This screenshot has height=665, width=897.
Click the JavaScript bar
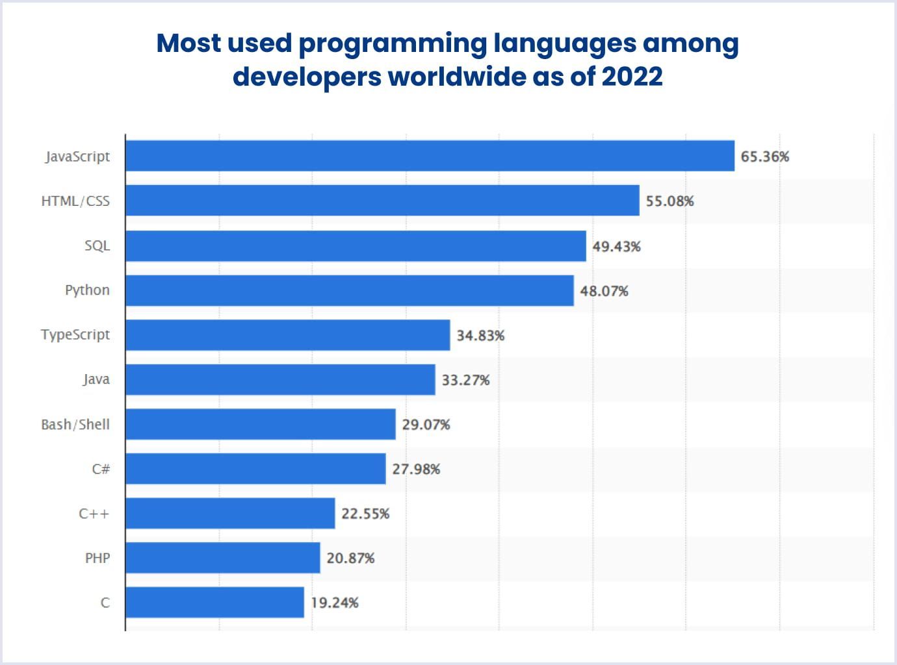pyautogui.click(x=430, y=156)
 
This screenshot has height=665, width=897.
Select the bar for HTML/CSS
pyautogui.click(x=382, y=201)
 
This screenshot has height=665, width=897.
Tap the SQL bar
pyautogui.click(x=356, y=245)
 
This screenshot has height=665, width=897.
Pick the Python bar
pyautogui.click(x=350, y=290)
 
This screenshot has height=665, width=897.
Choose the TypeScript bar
pyautogui.click(x=287, y=335)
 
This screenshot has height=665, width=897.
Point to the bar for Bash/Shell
pyautogui.click(x=260, y=424)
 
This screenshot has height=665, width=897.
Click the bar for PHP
pyautogui.click(x=222, y=558)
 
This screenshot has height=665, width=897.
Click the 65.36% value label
pyautogui.click(x=764, y=157)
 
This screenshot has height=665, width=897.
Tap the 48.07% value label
pyautogui.click(x=604, y=291)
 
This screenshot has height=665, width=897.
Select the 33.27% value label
pyautogui.click(x=465, y=380)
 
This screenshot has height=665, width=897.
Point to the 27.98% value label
pyautogui.click(x=416, y=469)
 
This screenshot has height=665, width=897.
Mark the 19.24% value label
pyautogui.click(x=334, y=603)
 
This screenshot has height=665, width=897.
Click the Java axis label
pyautogui.click(x=96, y=379)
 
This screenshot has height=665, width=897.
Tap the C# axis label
pyautogui.click(x=101, y=469)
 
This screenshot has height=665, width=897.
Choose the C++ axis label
pyautogui.click(x=94, y=514)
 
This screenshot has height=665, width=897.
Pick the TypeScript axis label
pyautogui.click(x=75, y=335)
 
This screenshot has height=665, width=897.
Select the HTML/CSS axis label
pyautogui.click(x=75, y=201)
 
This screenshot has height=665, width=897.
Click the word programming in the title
pyautogui.click(x=392, y=44)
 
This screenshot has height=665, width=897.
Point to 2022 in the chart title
pyautogui.click(x=631, y=76)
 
